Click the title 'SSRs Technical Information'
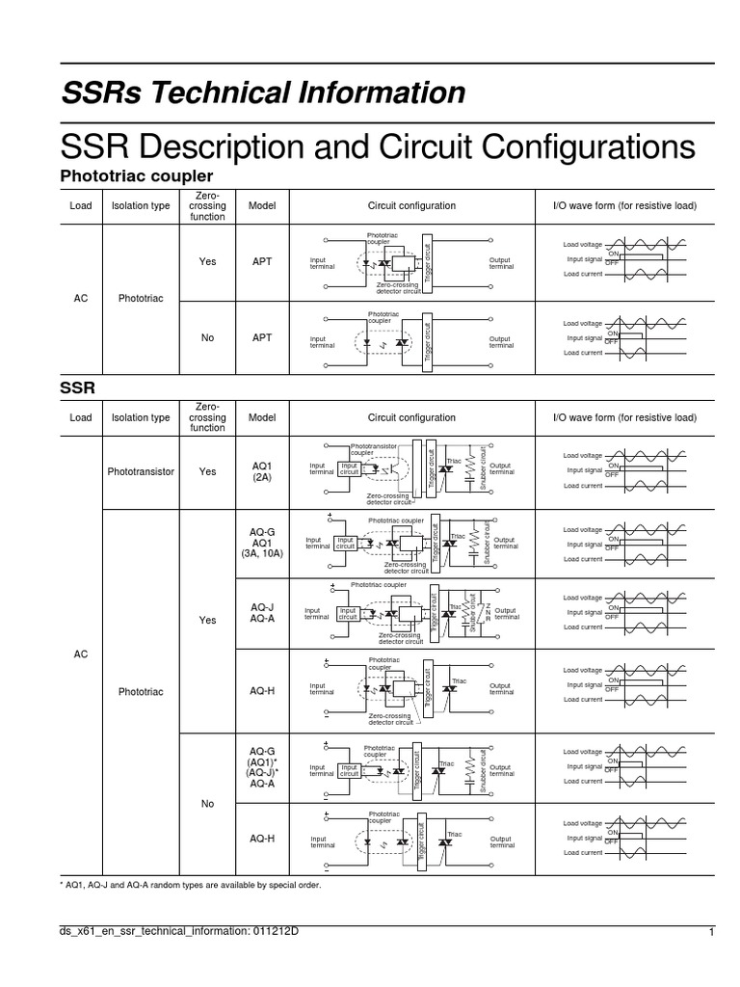pyautogui.click(x=263, y=93)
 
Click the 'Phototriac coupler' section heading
pyautogui.click(x=136, y=176)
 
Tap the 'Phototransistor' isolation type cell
pyautogui.click(x=141, y=473)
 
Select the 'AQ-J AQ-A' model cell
pyautogui.click(x=262, y=613)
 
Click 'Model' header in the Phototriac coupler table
pyautogui.click(x=262, y=206)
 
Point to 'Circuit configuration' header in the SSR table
pyautogui.click(x=411, y=418)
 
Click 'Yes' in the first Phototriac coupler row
pyautogui.click(x=207, y=261)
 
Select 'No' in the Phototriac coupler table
pyautogui.click(x=207, y=337)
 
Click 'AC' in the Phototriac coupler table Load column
pyautogui.click(x=81, y=299)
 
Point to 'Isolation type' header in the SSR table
pyautogui.click(x=141, y=418)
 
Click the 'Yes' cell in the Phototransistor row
pyautogui.click(x=207, y=473)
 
